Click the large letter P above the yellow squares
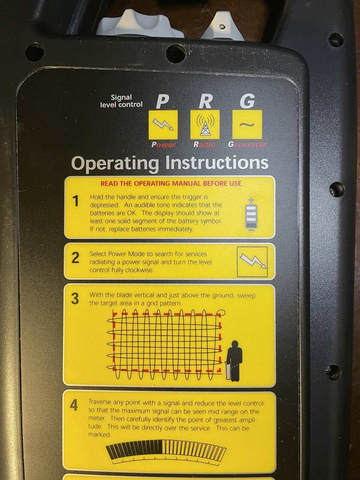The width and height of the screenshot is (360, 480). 163,101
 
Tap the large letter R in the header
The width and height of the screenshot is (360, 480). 205,101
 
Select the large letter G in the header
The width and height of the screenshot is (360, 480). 247,101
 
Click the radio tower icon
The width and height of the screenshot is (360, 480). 205,125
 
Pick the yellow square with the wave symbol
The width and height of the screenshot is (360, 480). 247,124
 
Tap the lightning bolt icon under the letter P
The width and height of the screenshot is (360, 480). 163,124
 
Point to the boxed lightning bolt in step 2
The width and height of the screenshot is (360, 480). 252,262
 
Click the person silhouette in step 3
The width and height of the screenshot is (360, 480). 234,361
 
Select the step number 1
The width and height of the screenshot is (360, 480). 75,201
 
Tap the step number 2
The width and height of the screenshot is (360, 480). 75,258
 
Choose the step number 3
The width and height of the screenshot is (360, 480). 75,299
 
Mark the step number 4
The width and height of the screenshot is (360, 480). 74,405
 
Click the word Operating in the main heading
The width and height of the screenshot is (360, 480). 115,164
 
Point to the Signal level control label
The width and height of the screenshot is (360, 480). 121,101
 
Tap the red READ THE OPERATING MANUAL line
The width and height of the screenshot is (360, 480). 171,183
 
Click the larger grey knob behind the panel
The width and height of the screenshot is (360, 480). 139,24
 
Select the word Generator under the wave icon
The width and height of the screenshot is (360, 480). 247,144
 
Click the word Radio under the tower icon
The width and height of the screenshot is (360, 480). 204,144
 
